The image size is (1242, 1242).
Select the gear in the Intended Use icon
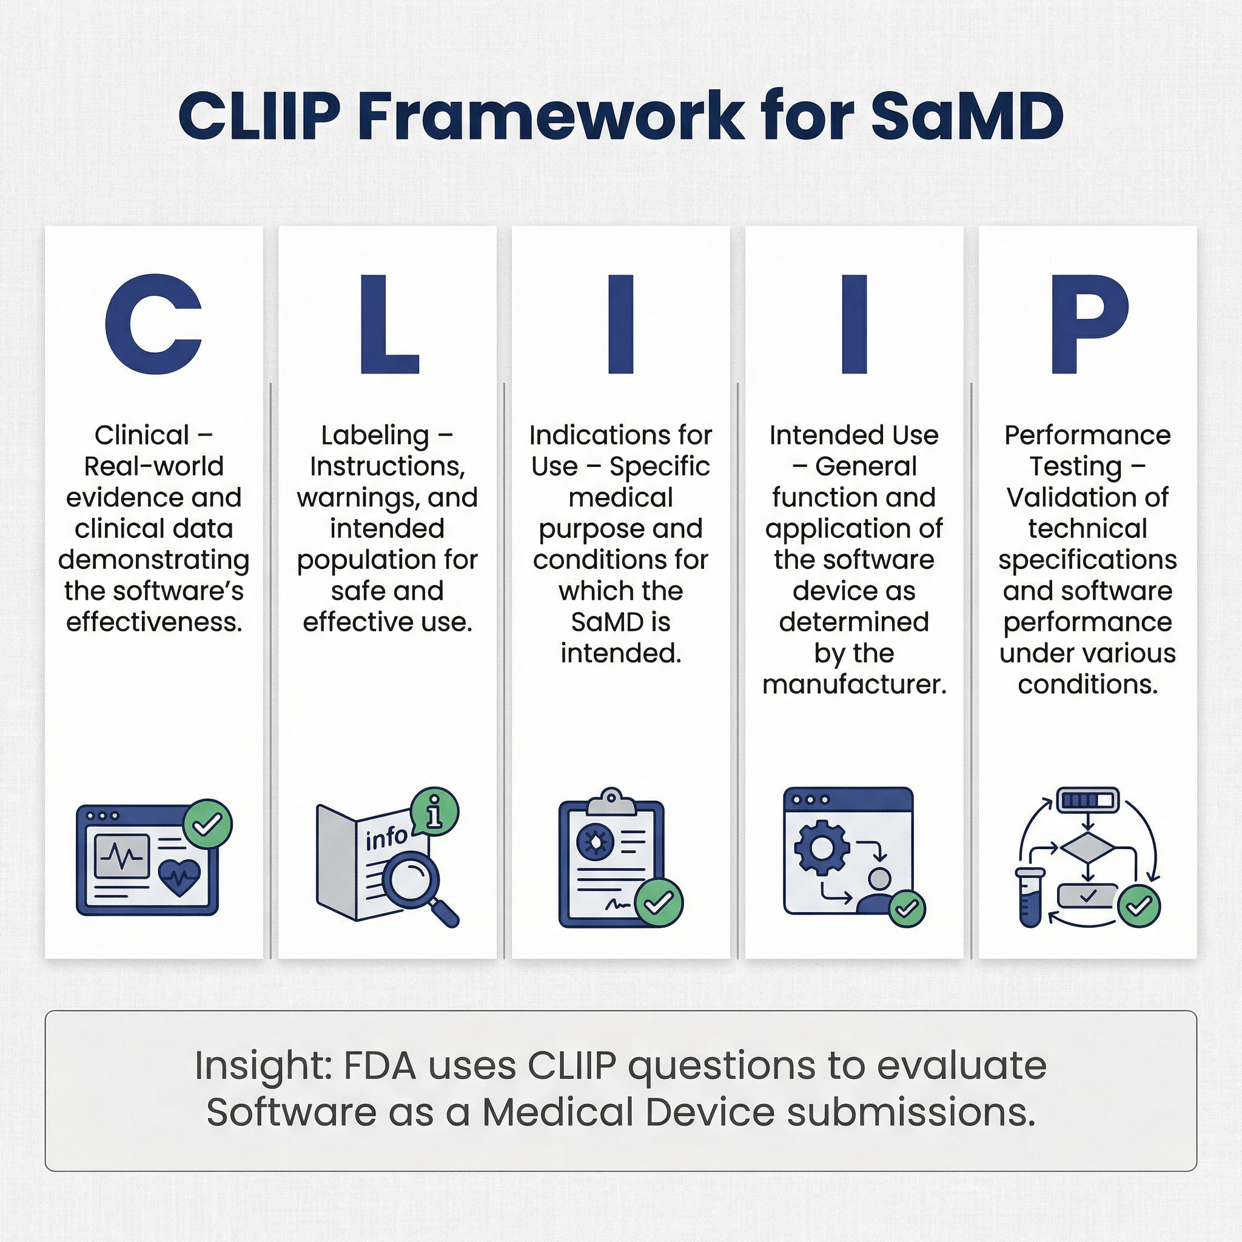point(822,848)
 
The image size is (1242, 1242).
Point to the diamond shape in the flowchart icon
point(1088,848)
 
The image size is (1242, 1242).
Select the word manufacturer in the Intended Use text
point(854,684)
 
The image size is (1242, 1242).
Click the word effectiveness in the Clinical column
point(153,622)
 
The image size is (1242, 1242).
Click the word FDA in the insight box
point(380,1066)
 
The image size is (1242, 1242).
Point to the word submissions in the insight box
point(910,1113)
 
